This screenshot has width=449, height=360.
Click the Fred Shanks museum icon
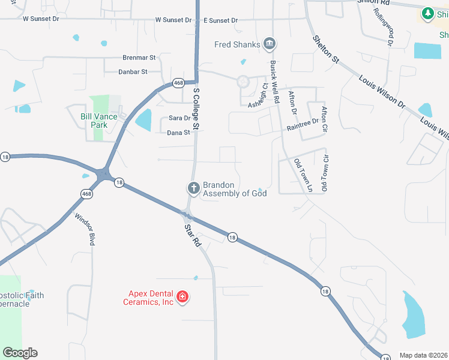(270, 44)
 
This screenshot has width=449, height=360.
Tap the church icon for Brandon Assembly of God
(193, 188)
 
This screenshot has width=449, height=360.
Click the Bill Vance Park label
(94, 121)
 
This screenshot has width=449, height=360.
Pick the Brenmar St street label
(139, 58)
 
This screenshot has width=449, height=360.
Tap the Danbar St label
(135, 72)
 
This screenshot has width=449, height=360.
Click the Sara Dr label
(179, 118)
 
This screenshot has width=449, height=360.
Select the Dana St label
(179, 133)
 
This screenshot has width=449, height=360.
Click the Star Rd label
(192, 235)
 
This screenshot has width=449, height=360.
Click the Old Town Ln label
(303, 175)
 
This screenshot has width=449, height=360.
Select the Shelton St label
(326, 49)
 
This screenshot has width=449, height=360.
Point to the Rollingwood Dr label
(382, 27)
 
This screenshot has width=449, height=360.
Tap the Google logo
(20, 353)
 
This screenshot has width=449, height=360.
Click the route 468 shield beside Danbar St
(178, 82)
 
